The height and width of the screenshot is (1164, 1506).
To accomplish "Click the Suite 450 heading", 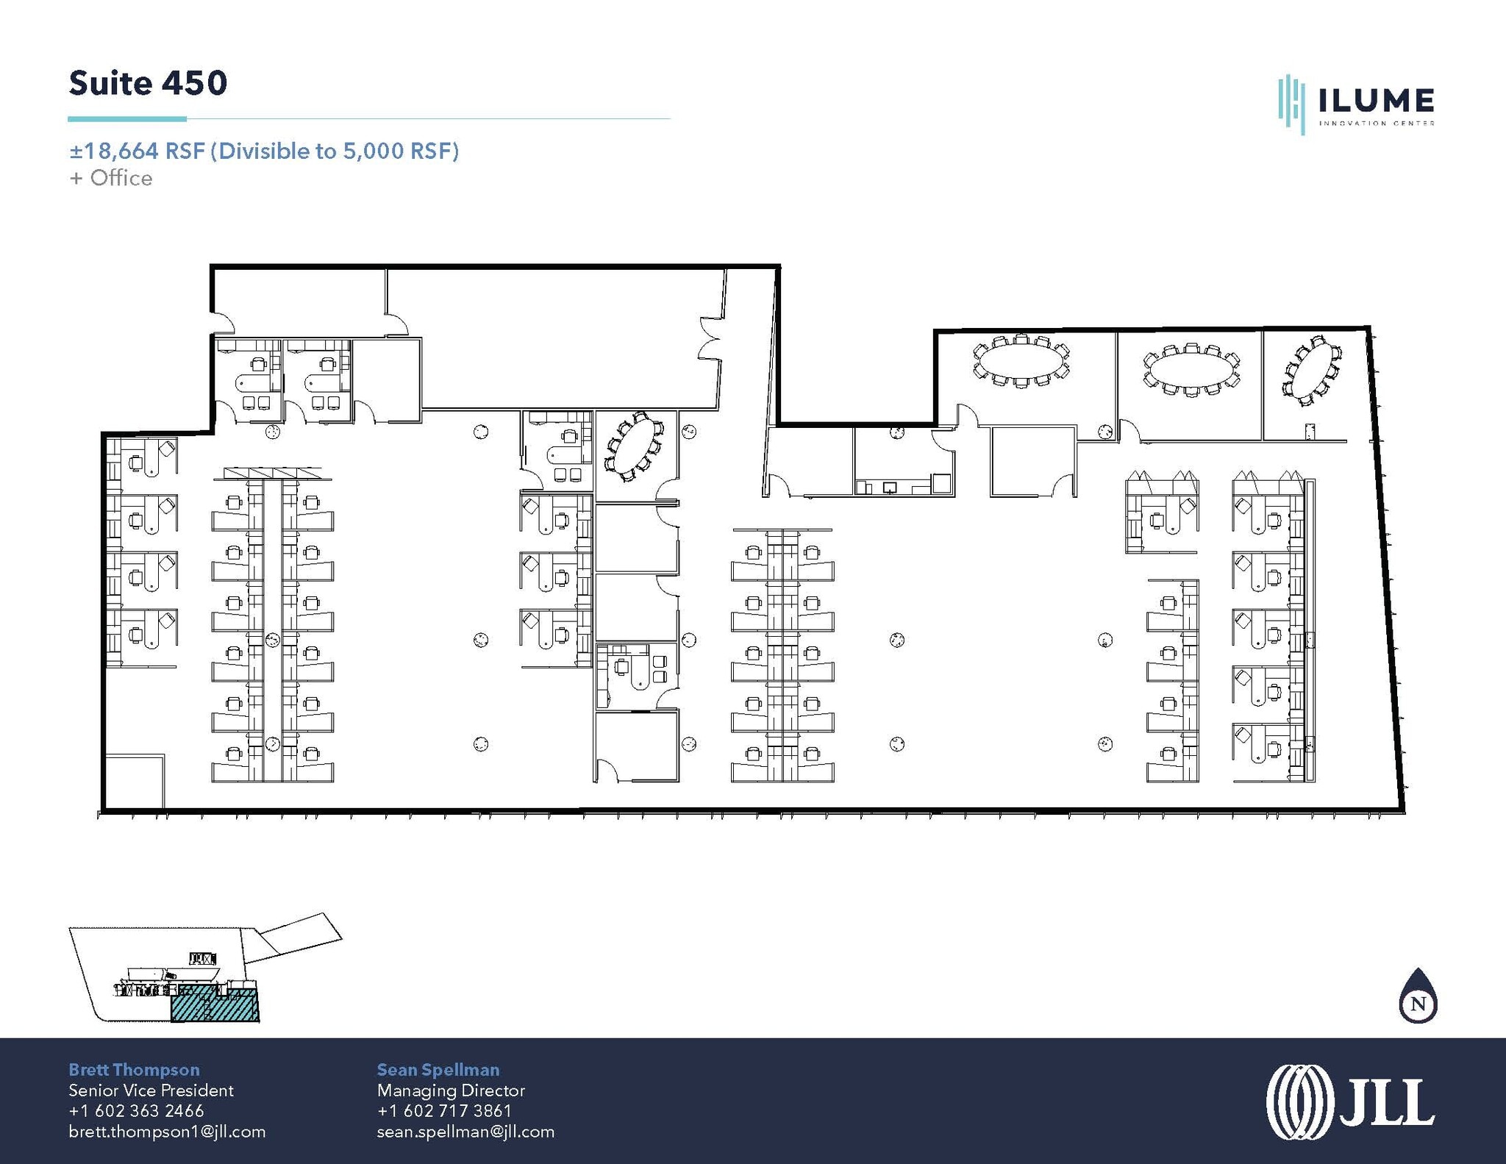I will tap(148, 83).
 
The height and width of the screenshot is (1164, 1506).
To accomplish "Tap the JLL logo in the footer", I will tap(1350, 1101).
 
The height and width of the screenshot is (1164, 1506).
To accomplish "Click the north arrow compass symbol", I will tap(1418, 1000).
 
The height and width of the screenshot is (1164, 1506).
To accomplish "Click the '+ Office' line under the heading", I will tap(111, 179).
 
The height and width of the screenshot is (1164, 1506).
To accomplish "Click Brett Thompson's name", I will tap(134, 1070).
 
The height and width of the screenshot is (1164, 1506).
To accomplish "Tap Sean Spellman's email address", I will tap(465, 1132).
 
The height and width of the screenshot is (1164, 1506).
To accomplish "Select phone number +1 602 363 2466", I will tap(136, 1111).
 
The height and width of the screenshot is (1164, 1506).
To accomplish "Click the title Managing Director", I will tap(451, 1090).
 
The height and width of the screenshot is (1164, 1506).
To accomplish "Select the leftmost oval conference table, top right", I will tap(1021, 361).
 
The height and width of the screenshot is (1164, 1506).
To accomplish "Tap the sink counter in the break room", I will tap(903, 487).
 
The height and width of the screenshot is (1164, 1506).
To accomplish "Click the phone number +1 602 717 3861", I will tap(444, 1111).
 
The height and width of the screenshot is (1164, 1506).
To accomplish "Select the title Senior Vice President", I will tap(151, 1090).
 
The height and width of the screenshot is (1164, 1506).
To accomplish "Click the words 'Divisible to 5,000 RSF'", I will tap(335, 151).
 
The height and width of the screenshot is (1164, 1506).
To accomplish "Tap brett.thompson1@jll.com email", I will tap(167, 1132).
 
